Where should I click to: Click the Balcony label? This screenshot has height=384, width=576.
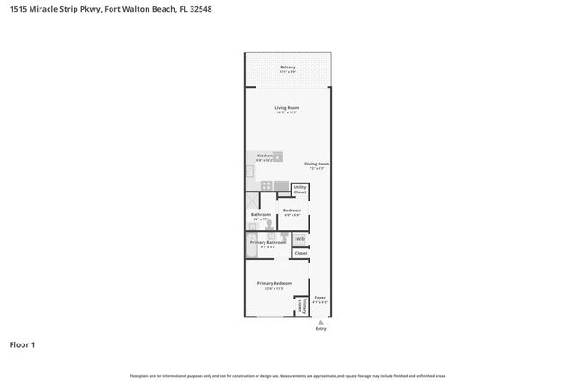(287, 67)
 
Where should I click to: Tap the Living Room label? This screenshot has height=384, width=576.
(287, 109)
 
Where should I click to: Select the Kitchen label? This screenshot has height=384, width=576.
(264, 156)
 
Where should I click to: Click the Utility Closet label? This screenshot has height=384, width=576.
(301, 191)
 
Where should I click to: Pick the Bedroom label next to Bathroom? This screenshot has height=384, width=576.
(292, 210)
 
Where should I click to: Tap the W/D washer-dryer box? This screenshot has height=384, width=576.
(301, 239)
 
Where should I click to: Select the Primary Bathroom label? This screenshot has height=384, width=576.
(268, 242)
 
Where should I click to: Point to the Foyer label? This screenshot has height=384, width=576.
(319, 298)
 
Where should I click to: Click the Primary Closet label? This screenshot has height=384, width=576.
(300, 307)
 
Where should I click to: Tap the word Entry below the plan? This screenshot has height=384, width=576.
(320, 329)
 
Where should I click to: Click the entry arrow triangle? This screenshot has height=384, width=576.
(320, 322)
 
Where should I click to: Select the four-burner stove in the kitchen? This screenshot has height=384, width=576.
(266, 185)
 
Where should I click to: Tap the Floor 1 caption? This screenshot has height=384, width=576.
(22, 344)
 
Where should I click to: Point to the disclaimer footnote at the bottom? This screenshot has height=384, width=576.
(287, 376)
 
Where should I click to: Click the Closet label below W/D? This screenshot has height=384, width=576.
(301, 254)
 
